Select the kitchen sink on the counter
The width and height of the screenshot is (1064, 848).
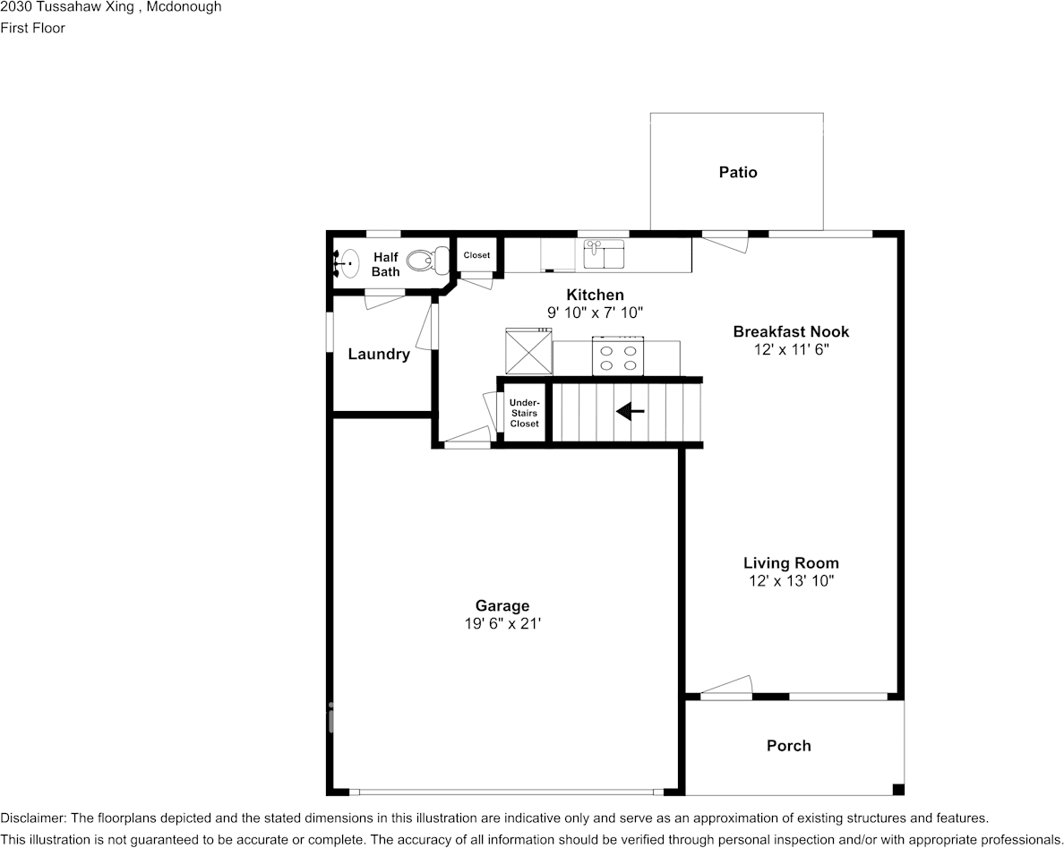click(605, 254)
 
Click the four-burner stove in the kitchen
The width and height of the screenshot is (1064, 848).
click(617, 356)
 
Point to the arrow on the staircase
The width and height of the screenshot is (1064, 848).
click(630, 411)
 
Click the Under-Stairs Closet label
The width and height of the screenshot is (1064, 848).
click(525, 413)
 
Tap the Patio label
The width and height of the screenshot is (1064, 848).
click(738, 172)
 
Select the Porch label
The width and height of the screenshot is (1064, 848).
click(788, 746)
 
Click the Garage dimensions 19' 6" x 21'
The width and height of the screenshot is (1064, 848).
click(502, 623)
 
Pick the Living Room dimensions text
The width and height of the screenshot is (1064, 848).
click(791, 581)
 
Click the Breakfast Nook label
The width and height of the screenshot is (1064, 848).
click(791, 331)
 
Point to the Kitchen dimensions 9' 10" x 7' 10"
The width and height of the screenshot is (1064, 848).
click(595, 313)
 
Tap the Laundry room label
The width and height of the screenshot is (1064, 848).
click(379, 354)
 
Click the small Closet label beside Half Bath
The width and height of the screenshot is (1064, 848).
click(476, 255)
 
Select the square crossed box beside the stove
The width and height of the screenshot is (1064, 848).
click(528, 351)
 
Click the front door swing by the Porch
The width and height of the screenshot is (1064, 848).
click(726, 687)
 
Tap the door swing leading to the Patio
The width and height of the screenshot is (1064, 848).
click(725, 242)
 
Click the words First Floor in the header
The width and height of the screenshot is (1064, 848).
click(32, 28)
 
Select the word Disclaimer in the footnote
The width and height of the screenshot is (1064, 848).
click(32, 818)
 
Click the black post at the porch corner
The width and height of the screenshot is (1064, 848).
click(898, 790)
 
